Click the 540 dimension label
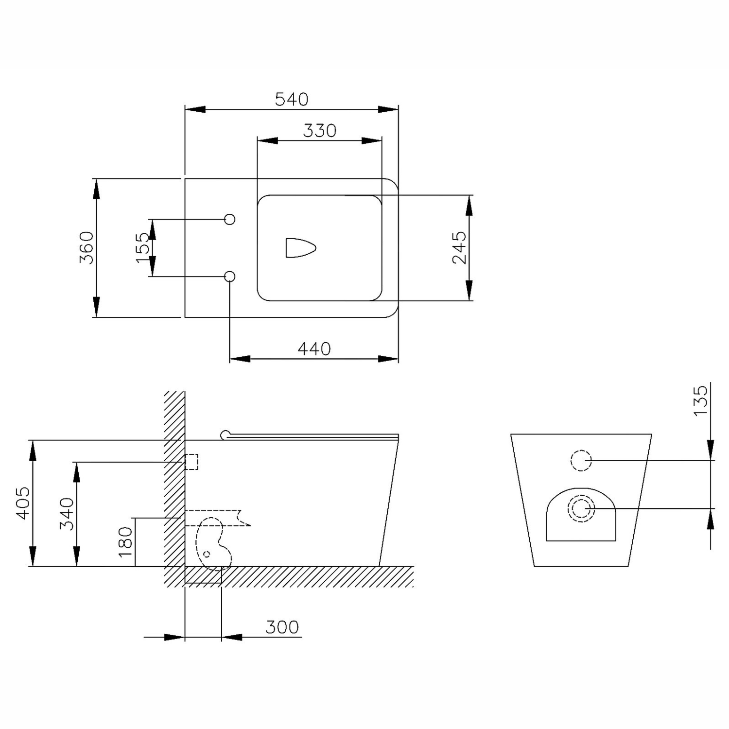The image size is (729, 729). [292, 99]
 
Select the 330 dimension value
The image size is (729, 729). [320, 130]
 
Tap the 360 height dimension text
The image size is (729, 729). [87, 247]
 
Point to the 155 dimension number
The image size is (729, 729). [143, 247]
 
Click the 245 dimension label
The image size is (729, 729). [459, 247]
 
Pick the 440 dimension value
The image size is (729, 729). [314, 348]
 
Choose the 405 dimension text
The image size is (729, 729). [23, 503]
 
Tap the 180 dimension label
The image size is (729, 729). [125, 542]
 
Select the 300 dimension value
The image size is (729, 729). [282, 627]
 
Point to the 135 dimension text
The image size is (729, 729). [700, 400]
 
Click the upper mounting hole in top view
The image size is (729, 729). [230, 219]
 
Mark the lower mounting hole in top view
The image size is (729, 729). [230, 277]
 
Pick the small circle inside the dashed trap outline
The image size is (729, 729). [207, 554]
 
